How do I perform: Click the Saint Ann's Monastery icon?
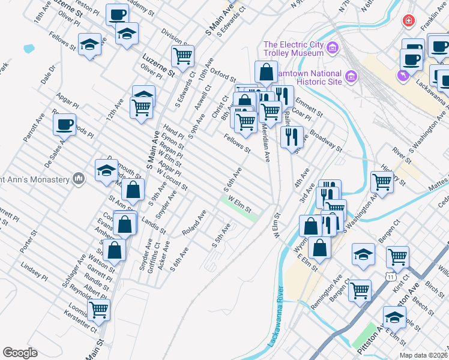click(78, 178)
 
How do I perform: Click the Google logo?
click(20, 353)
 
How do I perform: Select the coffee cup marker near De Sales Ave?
click(65, 124)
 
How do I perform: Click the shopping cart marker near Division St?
click(182, 56)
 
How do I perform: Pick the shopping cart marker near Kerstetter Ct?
click(98, 310)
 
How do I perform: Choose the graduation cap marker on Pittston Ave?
click(394, 317)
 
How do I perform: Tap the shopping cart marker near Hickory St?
click(382, 181)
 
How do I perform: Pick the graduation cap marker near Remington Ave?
click(364, 255)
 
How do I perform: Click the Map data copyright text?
click(424, 355)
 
